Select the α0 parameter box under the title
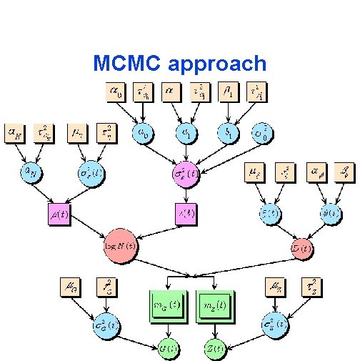click(x=115, y=92)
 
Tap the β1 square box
click(x=227, y=92)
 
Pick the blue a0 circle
click(x=143, y=133)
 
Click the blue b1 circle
click(x=227, y=133)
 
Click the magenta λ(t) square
click(x=186, y=214)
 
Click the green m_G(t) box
click(x=167, y=306)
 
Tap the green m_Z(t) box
click(x=214, y=306)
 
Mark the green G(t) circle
click(x=169, y=348)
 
